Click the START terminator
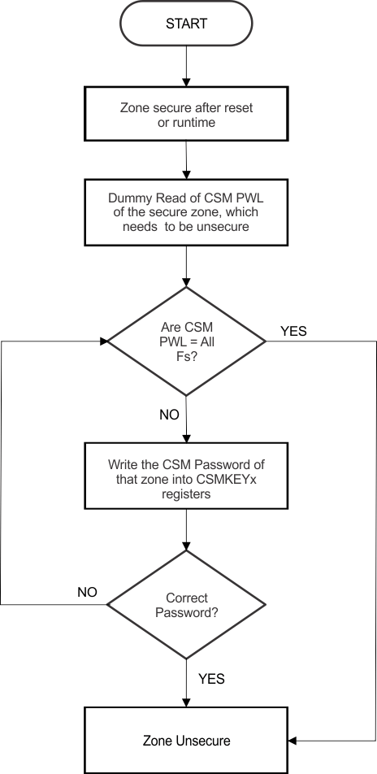pos(186,24)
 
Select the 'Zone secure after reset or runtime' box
pos(186,115)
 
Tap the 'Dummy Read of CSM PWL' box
pos(186,211)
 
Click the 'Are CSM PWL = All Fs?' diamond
pos(187,341)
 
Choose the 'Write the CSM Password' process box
pos(187,476)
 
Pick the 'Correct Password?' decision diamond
pos(187,604)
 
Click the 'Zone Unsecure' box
pos(187,741)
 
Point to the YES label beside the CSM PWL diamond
pos(294,331)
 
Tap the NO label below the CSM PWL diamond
pos(169,415)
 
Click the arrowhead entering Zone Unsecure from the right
pos(294,741)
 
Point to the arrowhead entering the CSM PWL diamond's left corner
pos(104,341)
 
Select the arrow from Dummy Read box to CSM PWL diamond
pos(187,264)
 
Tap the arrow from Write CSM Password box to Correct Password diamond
pos(187,528)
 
